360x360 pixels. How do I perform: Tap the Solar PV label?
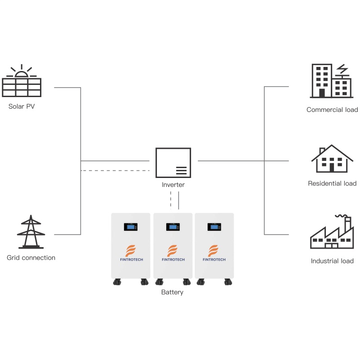[x=22, y=107]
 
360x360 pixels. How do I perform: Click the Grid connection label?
[x=31, y=258]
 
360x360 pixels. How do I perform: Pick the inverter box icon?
[x=173, y=163]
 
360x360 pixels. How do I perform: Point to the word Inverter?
[x=173, y=185]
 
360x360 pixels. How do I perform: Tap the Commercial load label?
[x=332, y=110]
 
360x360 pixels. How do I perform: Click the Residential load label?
[x=332, y=183]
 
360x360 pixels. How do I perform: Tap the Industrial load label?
[x=332, y=261]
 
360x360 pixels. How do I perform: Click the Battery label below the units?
[x=172, y=292]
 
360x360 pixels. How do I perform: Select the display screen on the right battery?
[x=214, y=227]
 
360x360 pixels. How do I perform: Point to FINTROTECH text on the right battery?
[x=214, y=260]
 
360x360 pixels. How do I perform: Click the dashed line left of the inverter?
[x=115, y=171]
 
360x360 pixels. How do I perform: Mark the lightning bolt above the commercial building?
[x=342, y=69]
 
